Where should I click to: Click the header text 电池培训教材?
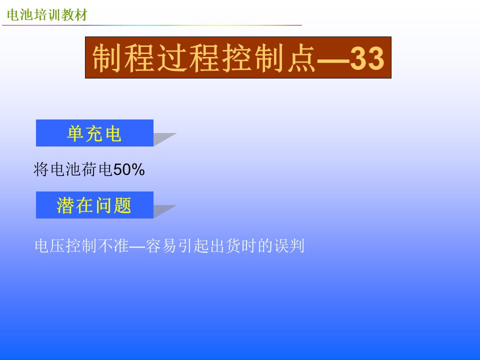[x=47, y=14]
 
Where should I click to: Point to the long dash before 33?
[x=333, y=60]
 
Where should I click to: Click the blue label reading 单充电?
[x=94, y=133]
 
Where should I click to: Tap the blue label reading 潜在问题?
[x=94, y=205]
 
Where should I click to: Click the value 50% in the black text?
[x=129, y=169]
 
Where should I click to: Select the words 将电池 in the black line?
[x=57, y=169]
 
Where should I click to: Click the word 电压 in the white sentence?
[x=49, y=245]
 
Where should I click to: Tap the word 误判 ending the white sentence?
[x=289, y=245]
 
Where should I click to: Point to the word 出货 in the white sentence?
[x=225, y=245]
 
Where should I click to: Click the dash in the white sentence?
[x=137, y=246]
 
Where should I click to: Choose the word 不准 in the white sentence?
[x=113, y=245]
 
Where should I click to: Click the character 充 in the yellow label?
[x=94, y=134]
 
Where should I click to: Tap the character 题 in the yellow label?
[x=122, y=205]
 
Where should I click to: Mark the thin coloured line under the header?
[x=152, y=25]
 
